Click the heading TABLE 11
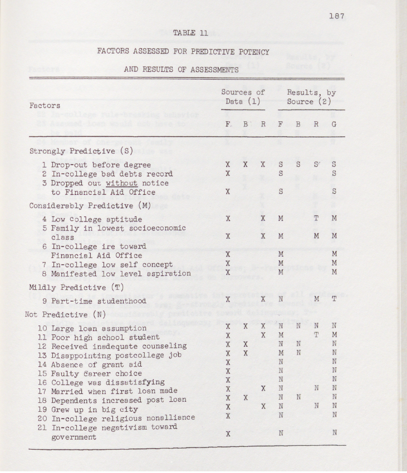(190, 33)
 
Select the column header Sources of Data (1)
(243, 97)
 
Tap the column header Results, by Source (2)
(311, 97)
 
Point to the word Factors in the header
(45, 105)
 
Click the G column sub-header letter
(334, 125)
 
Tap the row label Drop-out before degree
(100, 165)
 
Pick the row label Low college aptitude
(96, 219)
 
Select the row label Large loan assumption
(99, 328)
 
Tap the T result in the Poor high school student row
(316, 336)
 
